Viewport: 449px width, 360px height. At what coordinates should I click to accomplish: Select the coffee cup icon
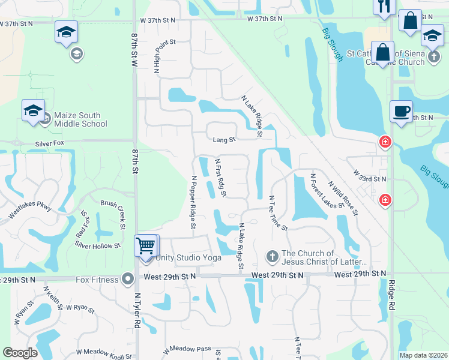(x=401, y=111)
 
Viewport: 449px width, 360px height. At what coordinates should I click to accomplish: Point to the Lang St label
(x=224, y=140)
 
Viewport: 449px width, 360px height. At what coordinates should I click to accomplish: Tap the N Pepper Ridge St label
(x=193, y=202)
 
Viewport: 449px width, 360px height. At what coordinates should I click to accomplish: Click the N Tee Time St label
(x=279, y=213)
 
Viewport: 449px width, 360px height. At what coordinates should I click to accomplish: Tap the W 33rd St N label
(x=369, y=179)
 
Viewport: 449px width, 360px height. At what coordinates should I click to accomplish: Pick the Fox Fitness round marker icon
(x=127, y=278)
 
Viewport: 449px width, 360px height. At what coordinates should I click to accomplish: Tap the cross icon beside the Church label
(x=271, y=257)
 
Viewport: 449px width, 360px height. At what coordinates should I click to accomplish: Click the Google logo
(x=20, y=353)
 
